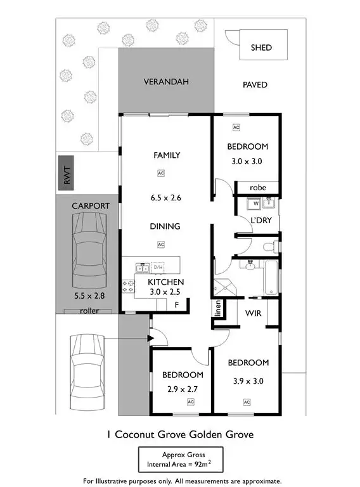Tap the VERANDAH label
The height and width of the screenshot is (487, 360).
167,82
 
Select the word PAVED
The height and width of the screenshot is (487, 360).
255,84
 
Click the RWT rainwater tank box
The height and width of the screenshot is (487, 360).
67,172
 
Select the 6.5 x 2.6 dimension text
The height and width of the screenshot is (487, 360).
167,198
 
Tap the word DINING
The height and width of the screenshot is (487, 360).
165,226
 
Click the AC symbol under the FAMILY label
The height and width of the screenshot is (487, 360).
161,172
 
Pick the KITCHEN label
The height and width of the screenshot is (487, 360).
166,282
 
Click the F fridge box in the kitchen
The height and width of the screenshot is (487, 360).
177,305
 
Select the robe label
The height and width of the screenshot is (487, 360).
257,188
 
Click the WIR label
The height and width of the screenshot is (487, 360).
254,313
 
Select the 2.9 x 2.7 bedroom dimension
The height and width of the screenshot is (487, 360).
182,389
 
